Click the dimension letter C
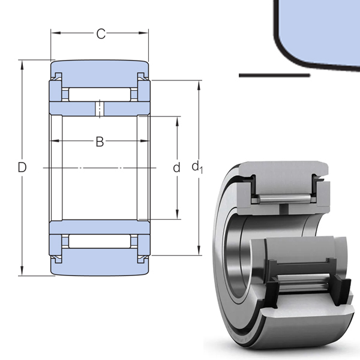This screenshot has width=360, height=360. [x=101, y=34]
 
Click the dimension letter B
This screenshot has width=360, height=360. [x=100, y=142]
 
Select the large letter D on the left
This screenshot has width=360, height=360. [x=22, y=167]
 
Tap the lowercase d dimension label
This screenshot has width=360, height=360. [x=176, y=167]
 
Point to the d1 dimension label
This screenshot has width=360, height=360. [x=197, y=167]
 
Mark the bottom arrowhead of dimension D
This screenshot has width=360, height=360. [x=22, y=271]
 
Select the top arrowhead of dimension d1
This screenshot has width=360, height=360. [x=199, y=85]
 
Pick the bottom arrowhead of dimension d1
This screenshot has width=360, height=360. [x=199, y=250]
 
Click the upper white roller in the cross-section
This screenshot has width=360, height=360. [x=100, y=94]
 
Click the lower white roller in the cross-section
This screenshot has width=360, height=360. [x=100, y=241]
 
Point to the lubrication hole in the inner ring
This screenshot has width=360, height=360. [x=100, y=109]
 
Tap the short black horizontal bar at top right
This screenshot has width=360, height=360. [x=274, y=76]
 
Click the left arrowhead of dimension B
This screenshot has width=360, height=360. [x=55, y=141]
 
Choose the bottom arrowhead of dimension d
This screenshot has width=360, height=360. [x=177, y=214]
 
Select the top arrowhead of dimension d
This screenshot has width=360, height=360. [x=177, y=121]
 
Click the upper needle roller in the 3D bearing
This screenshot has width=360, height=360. [x=284, y=199]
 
